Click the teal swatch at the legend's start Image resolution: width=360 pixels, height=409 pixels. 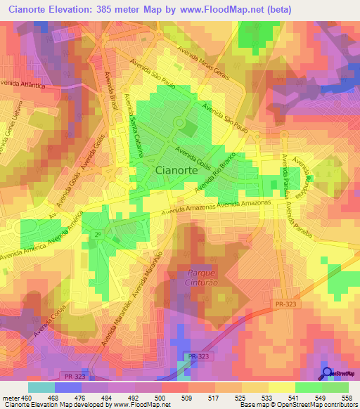coord(41,387)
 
